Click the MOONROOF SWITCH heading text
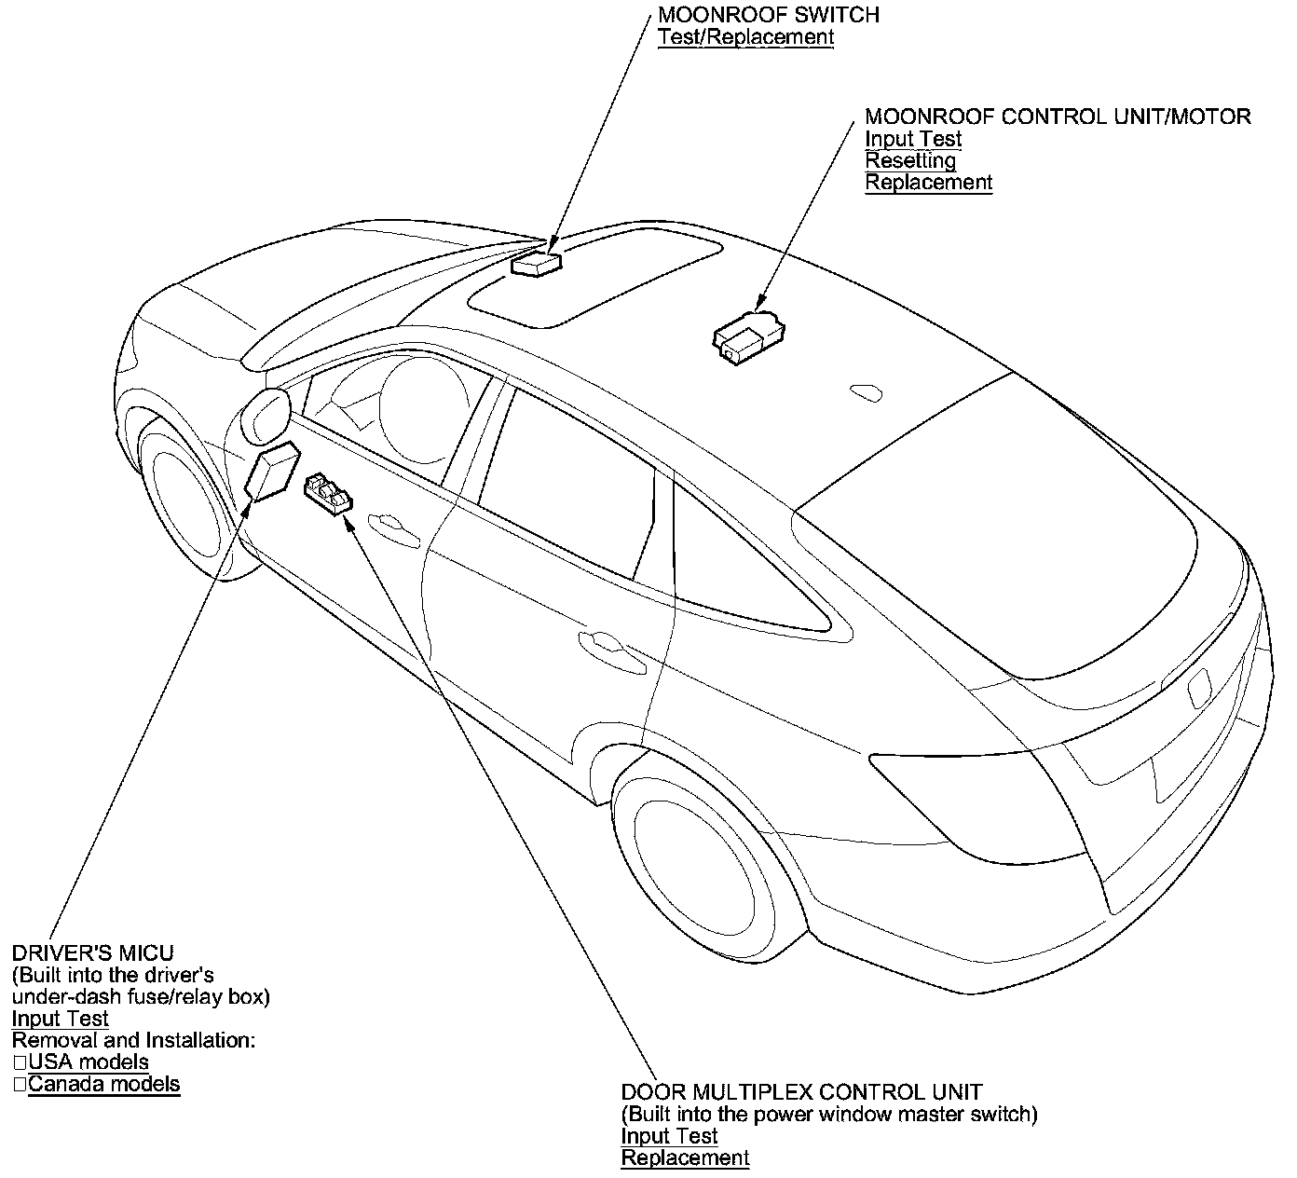tap(768, 15)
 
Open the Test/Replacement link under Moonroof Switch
tap(745, 37)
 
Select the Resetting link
tap(910, 160)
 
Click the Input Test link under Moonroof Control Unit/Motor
tap(913, 139)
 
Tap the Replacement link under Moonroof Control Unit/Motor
tap(928, 183)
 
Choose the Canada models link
tap(103, 1084)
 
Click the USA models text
tap(89, 1062)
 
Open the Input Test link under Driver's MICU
tap(60, 1019)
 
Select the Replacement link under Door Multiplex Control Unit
tap(685, 1158)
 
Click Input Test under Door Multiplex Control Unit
tap(669, 1136)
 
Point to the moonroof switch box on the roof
tap(536, 263)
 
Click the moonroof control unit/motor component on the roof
tap(747, 336)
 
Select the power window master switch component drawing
tap(329, 492)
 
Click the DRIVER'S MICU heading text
tap(92, 953)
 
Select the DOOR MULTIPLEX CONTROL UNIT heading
tap(801, 1092)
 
